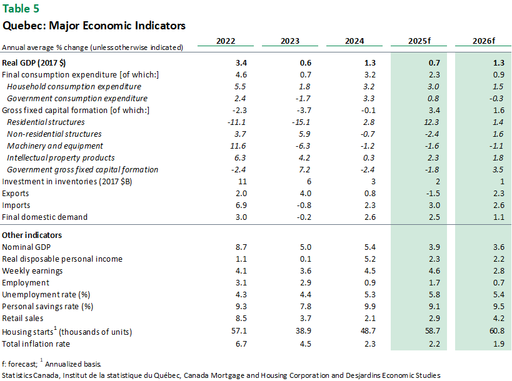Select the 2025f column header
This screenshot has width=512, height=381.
click(x=421, y=41)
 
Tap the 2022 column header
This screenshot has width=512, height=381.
click(x=226, y=41)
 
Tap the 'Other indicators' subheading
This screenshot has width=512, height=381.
click(x=32, y=235)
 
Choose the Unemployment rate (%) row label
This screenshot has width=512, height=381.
click(x=46, y=294)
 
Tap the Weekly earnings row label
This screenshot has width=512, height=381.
click(x=31, y=270)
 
